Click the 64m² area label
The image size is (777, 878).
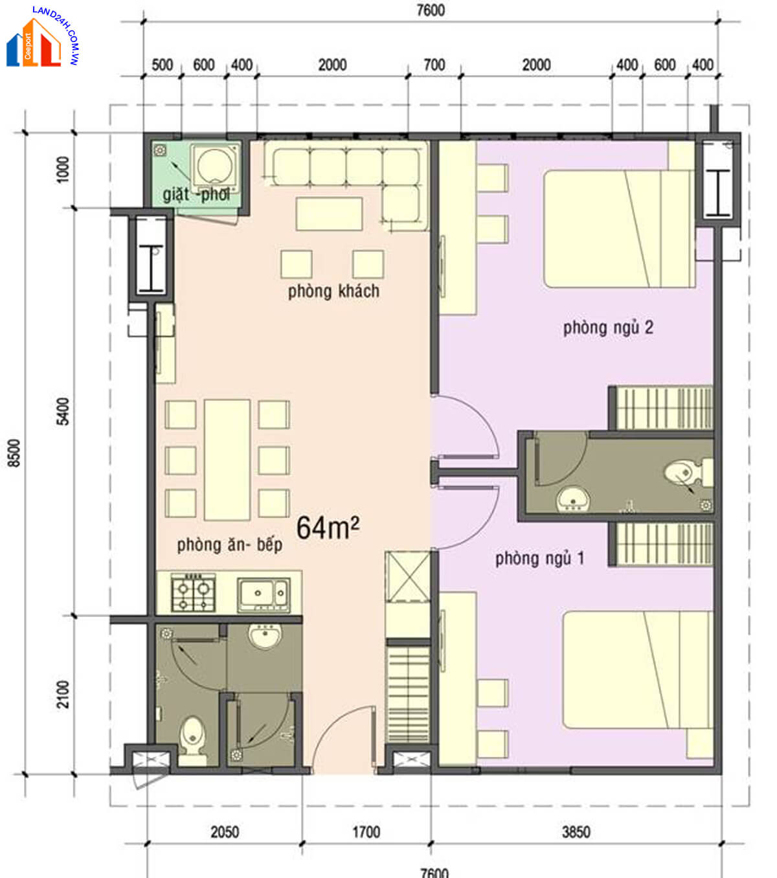pyautogui.click(x=328, y=528)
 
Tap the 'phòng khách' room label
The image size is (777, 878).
pyautogui.click(x=333, y=291)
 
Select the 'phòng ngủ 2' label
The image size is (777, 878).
pyautogui.click(x=608, y=328)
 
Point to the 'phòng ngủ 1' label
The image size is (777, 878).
pyautogui.click(x=539, y=559)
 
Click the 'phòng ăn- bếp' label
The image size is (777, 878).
pyautogui.click(x=230, y=545)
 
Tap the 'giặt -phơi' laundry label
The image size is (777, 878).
pyautogui.click(x=196, y=195)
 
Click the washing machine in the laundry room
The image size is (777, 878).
pyautogui.click(x=215, y=166)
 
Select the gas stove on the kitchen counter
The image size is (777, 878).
pyautogui.click(x=193, y=592)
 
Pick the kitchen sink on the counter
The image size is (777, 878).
pyautogui.click(x=264, y=594)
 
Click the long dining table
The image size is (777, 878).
pyautogui.click(x=227, y=460)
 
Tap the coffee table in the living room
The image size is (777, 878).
pyautogui.click(x=329, y=214)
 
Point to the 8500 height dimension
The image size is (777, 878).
pyautogui.click(x=14, y=453)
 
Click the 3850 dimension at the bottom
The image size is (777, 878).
pyautogui.click(x=576, y=833)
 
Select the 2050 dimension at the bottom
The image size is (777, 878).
pyautogui.click(x=225, y=833)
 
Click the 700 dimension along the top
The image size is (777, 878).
pyautogui.click(x=434, y=65)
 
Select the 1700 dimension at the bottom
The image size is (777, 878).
pyautogui.click(x=366, y=833)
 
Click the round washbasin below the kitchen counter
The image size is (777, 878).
pyautogui.click(x=265, y=636)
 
